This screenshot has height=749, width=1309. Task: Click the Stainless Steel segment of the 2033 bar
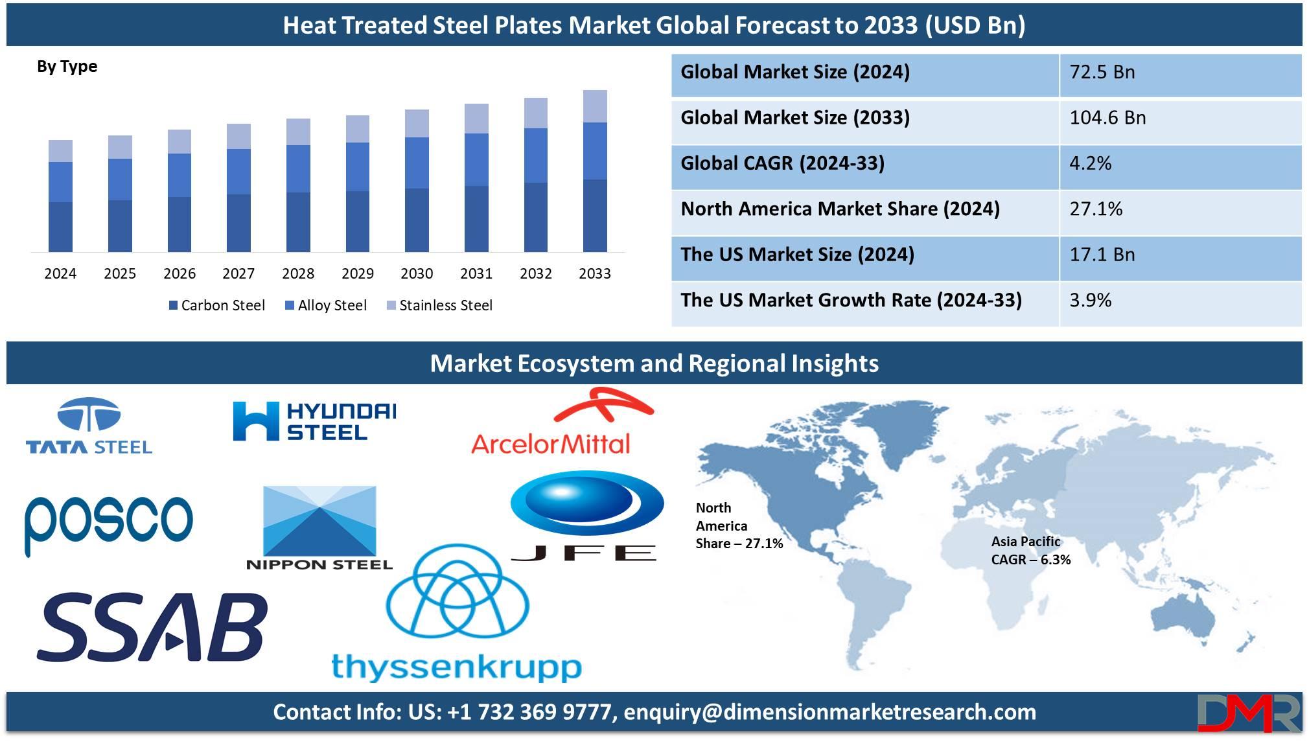click(595, 106)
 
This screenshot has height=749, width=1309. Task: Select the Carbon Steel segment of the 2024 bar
click(60, 227)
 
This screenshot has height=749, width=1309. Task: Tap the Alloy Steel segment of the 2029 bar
click(358, 167)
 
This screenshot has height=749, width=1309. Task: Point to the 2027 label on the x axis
click(238, 273)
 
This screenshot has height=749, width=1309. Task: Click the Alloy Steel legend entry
click(326, 305)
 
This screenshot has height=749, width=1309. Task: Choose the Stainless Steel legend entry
click(439, 305)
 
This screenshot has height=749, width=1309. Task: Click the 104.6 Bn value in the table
click(1107, 117)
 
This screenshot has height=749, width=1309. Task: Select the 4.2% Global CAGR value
click(1090, 163)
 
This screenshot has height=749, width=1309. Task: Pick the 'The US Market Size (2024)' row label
click(797, 254)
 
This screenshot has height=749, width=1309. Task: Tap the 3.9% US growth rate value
click(1090, 300)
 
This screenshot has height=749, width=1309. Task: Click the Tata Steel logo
click(89, 426)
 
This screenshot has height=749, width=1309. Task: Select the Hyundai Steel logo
click(314, 421)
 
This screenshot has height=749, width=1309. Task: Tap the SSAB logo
click(152, 627)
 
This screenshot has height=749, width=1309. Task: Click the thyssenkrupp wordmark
click(456, 667)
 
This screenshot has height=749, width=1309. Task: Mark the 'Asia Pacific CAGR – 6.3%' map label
click(1030, 550)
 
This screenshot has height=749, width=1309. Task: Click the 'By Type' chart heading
click(67, 67)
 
